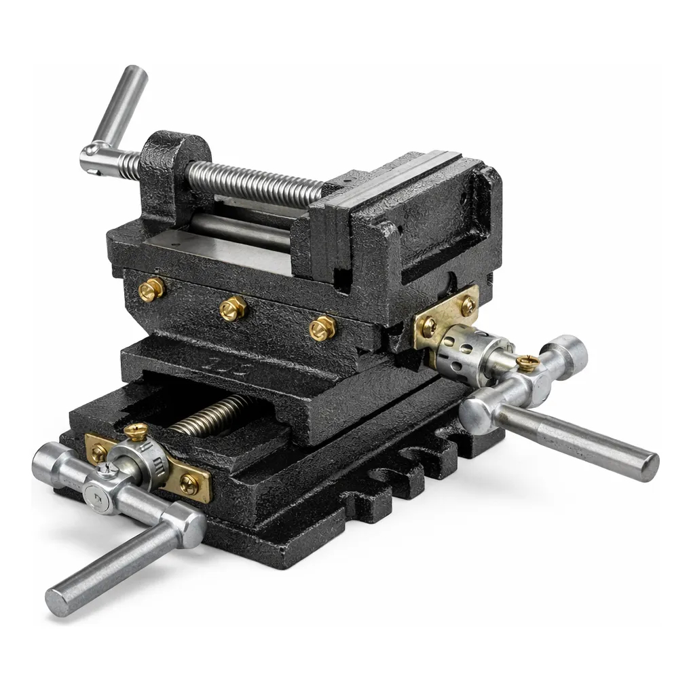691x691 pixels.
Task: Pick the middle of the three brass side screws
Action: tap(233, 309)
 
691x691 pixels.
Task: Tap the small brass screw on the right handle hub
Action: tap(527, 362)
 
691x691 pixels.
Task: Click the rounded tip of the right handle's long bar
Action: tap(648, 467)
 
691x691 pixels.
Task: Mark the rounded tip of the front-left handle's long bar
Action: tap(58, 603)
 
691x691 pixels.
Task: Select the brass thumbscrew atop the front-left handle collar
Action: tap(136, 431)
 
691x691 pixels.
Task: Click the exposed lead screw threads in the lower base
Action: tap(210, 414)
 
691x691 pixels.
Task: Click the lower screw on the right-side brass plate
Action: tap(429, 326)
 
